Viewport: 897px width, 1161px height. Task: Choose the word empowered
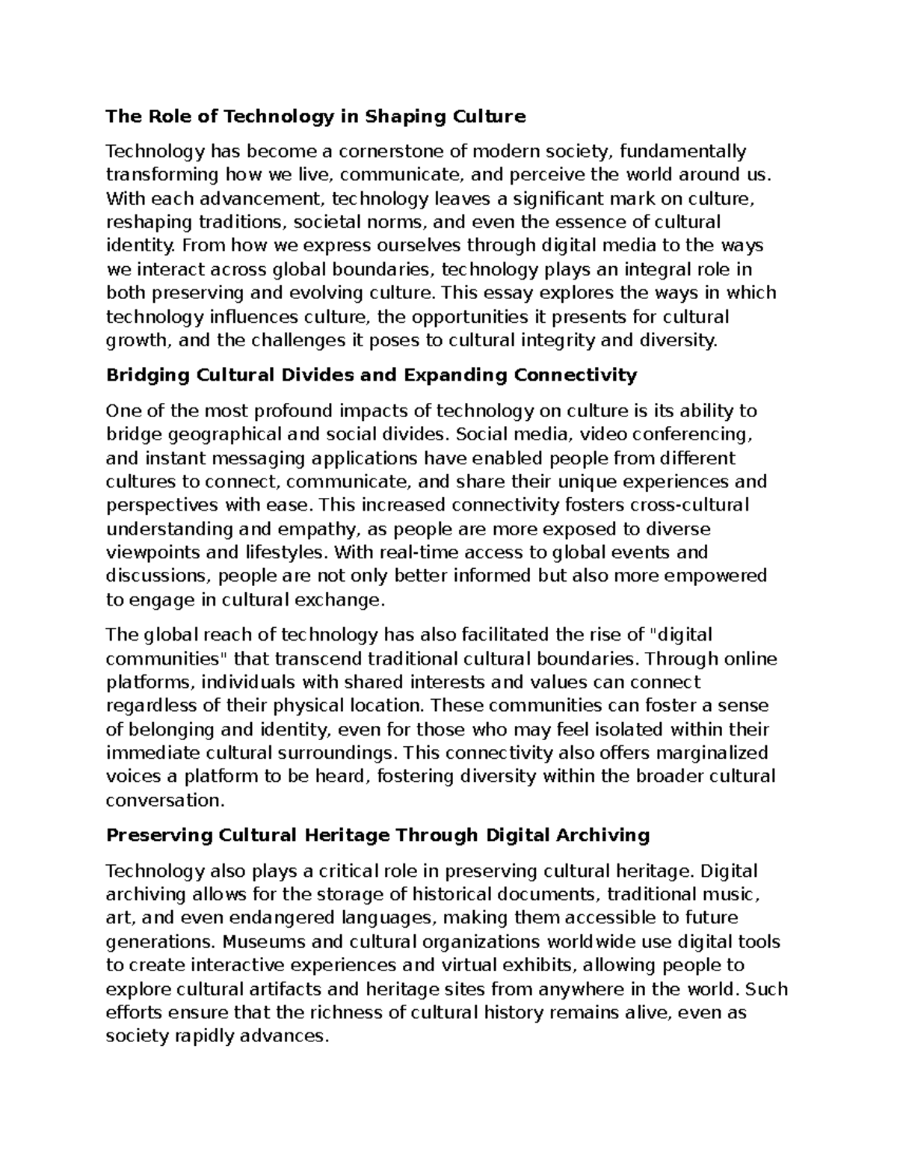point(715,576)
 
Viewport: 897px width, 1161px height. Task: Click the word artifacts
point(285,990)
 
